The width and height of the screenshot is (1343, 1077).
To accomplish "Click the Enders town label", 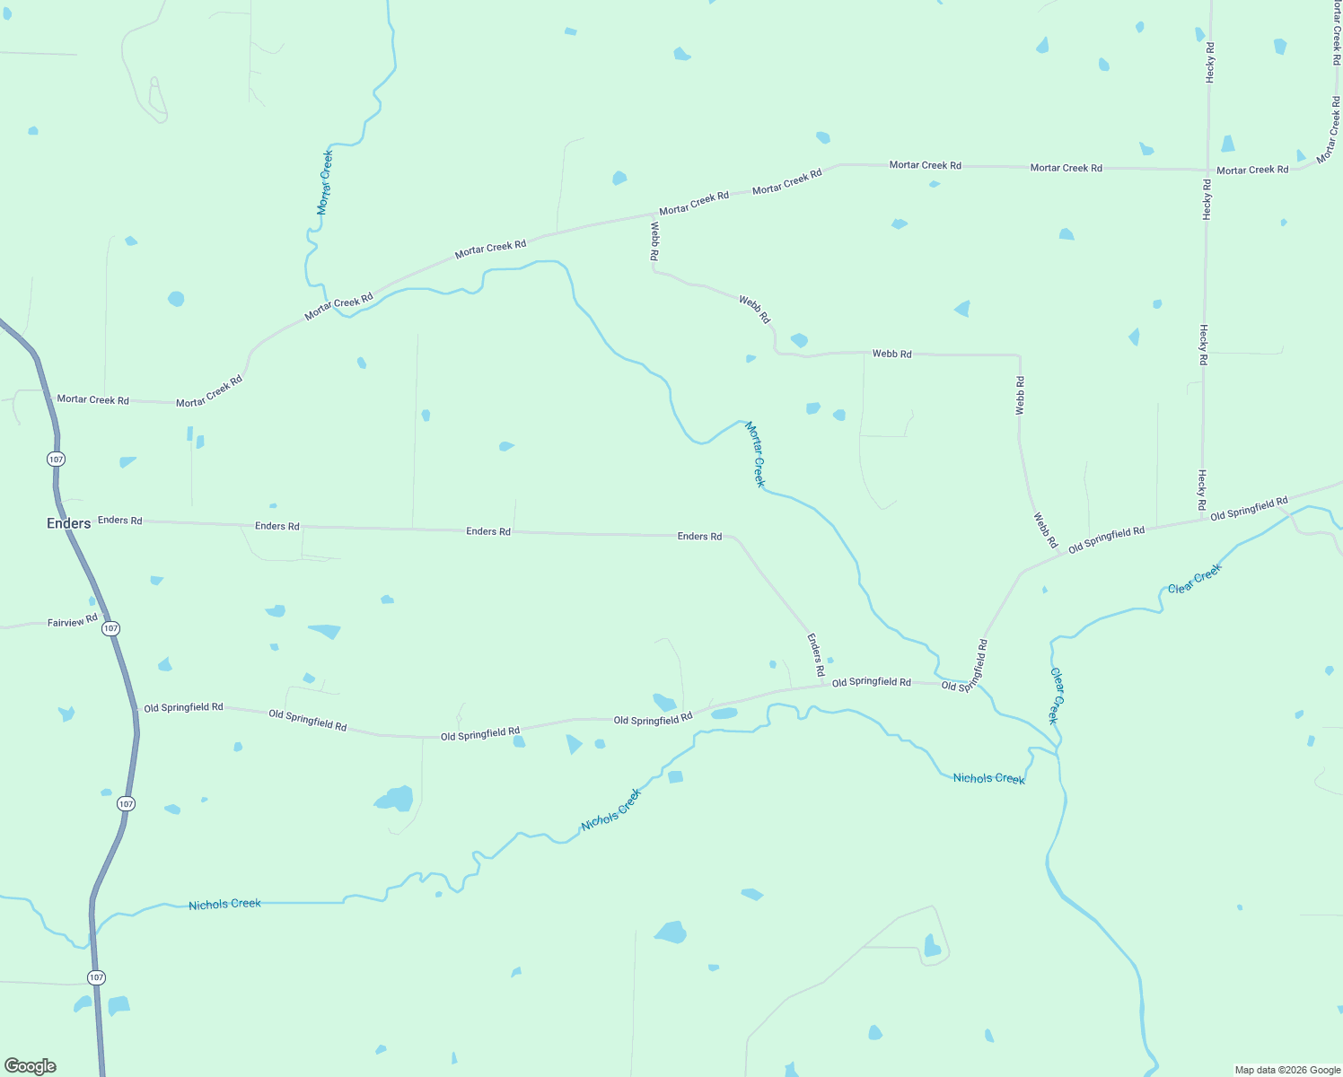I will click(x=68, y=523).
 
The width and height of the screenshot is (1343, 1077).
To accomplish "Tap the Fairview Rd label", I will click(x=72, y=621).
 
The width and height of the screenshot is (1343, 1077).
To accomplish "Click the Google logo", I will click(x=31, y=1066).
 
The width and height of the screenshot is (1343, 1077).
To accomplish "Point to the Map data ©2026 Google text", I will click(x=1287, y=1070).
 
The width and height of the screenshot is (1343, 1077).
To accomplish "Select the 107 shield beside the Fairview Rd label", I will click(x=110, y=628).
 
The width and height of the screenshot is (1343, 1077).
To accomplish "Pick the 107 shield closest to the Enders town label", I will click(x=57, y=459).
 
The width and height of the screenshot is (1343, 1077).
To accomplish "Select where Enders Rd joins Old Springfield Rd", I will click(x=823, y=686).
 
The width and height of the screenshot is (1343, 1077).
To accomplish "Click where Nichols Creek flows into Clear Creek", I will click(x=1058, y=752).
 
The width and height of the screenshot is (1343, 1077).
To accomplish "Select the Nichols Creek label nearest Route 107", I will click(x=224, y=905).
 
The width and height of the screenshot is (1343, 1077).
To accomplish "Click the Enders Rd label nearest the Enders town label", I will click(x=119, y=521).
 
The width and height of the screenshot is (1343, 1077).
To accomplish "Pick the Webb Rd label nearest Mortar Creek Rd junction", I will click(x=655, y=241).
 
